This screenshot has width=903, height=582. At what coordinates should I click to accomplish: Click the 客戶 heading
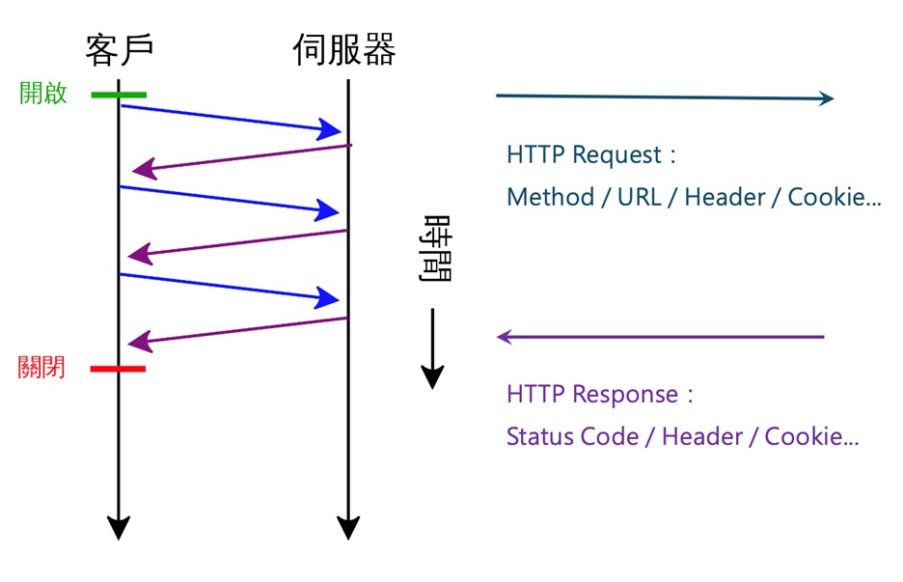coord(120,49)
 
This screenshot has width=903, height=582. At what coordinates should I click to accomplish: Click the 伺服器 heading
coord(344,49)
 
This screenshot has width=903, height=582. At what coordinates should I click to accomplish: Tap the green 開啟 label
coord(43,93)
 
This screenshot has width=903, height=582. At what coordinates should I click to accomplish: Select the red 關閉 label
coord(41,367)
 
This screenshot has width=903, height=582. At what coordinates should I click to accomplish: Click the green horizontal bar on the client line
coord(119,95)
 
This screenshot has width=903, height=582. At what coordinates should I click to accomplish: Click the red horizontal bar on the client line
coord(118,369)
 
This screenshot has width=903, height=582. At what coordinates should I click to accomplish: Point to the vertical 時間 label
coord(435,248)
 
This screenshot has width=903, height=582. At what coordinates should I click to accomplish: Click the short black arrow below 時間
coord(432,348)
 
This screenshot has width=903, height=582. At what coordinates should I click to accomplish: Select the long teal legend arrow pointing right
coord(665,97)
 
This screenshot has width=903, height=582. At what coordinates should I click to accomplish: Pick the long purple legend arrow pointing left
coord(661,337)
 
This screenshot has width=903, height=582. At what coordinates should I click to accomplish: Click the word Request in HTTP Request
coord(616,155)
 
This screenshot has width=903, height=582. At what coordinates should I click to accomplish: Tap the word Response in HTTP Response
coord(625,395)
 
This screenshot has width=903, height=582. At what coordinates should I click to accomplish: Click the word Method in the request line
coord(551,197)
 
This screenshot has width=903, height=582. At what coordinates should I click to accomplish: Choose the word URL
coord(640,197)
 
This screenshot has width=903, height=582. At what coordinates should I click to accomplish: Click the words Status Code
coord(572,437)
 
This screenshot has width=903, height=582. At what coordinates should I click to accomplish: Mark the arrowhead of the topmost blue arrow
coord(329,129)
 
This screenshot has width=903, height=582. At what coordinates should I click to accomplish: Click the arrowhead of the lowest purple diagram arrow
coord(140,342)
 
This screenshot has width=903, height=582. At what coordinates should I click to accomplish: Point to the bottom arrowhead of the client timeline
coord(119,527)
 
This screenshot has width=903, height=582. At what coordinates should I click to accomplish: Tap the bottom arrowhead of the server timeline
coord(348,527)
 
